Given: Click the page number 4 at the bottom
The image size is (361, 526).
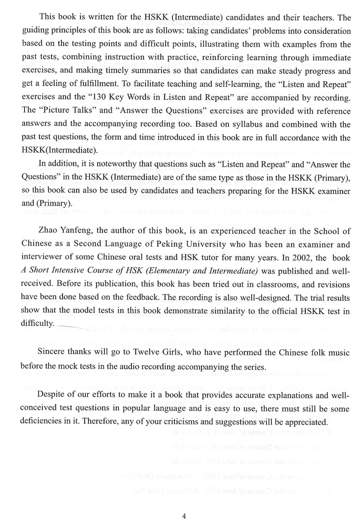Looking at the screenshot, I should [x=184, y=502].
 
